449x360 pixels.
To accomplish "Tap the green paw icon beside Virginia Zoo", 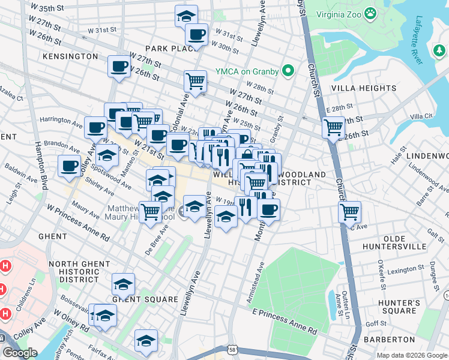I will [x=372, y=13].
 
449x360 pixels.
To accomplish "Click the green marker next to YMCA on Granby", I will [x=288, y=71].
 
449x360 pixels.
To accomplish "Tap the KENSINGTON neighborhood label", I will [x=70, y=56].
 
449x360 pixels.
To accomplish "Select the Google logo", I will [x=20, y=352].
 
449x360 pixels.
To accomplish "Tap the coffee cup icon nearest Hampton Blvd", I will [x=69, y=164].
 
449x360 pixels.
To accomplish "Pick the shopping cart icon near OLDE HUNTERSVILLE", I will [x=349, y=211].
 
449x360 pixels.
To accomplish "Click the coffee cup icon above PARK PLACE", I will [x=196, y=34].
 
